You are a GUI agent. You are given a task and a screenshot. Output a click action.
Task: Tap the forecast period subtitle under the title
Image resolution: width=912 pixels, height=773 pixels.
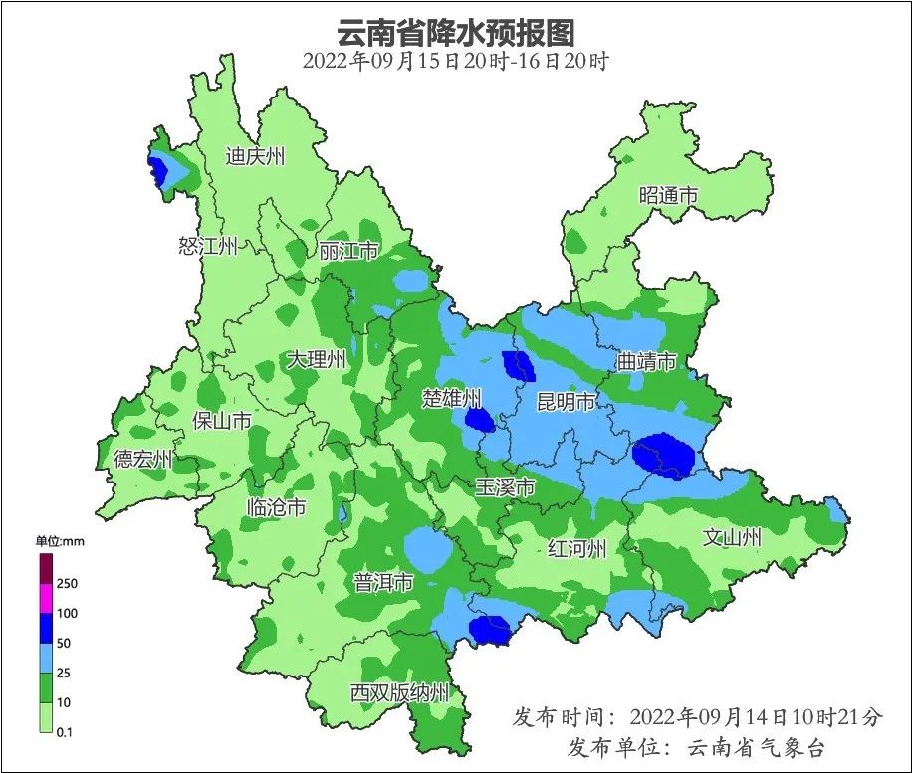pos(455,61)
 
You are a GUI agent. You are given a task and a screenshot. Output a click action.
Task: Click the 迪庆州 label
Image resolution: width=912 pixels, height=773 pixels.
pos(255,156)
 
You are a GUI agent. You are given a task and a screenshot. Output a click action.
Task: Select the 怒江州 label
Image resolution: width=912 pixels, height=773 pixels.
pos(208,246)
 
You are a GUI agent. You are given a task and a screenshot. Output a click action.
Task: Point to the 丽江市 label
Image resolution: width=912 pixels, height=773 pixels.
pos(348,251)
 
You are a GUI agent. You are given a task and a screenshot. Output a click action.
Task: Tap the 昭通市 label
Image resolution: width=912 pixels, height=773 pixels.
pos(668,196)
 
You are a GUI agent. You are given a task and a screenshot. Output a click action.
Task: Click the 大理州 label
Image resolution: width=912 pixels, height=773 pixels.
pos(316,359)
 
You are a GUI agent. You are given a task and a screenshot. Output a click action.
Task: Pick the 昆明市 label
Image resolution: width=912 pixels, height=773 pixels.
pos(566,402)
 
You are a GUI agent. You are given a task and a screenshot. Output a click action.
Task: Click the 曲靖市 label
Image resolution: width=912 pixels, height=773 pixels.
pos(646,360)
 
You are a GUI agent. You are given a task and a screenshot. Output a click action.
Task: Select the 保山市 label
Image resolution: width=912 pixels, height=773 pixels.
pos(221,421)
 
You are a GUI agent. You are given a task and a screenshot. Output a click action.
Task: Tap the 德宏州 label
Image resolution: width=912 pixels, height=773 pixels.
pos(142,459)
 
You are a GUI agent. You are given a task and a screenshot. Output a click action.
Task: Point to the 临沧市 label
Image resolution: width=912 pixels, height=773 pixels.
pos(276,507)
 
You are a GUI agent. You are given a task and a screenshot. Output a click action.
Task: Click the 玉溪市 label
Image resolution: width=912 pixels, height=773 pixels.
pos(505,487)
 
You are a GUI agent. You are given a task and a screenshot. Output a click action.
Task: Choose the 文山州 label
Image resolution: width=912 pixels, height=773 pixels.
pos(732,537)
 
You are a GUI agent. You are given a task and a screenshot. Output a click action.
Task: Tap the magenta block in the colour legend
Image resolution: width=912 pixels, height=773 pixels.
pos(46,598)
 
